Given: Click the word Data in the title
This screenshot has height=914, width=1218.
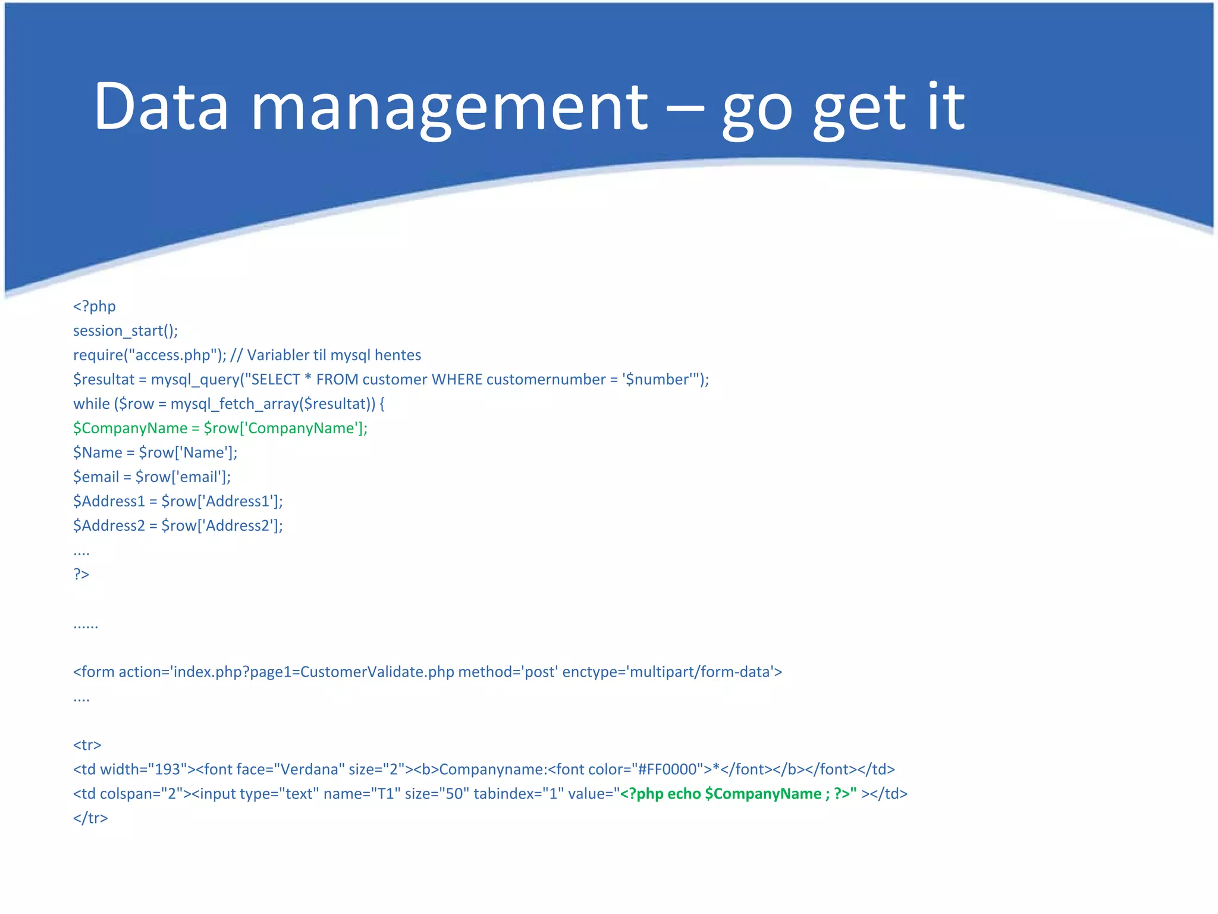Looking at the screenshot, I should coord(161,107).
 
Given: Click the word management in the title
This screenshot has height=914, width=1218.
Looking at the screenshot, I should coord(449,107).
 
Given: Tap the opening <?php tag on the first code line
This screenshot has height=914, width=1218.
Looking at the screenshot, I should coord(95,306).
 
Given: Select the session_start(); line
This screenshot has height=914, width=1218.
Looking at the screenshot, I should coord(125,331).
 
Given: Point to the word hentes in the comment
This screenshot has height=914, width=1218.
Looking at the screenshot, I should coord(398,355).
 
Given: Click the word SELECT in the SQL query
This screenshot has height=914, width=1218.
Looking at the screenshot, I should coord(276,380).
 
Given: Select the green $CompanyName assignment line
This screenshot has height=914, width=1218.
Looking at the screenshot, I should coord(220,428).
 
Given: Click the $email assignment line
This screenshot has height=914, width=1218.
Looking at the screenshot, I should coord(152,477).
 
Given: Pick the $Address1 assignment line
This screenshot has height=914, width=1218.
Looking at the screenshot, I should coord(178,502).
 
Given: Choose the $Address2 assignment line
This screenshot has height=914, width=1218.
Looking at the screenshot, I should coord(178,526).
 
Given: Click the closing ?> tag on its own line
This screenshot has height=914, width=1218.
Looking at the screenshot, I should coord(81,574).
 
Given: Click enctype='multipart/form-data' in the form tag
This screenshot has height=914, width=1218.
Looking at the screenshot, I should coord(672,672).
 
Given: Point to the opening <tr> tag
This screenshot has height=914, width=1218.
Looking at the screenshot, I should coord(87,745).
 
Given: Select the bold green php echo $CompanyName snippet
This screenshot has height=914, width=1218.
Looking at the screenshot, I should coord(738,794).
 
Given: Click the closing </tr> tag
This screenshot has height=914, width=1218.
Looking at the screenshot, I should coord(90,818).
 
